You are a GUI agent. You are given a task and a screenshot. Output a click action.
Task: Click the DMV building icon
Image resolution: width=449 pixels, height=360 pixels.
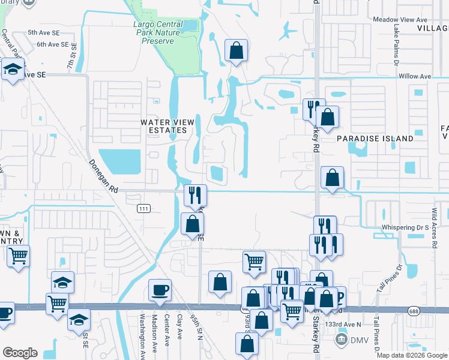[341, 340]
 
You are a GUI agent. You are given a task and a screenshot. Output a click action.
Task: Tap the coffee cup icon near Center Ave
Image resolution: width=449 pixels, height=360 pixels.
[160, 290]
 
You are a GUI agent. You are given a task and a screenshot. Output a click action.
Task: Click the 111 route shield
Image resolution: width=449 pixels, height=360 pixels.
[143, 208]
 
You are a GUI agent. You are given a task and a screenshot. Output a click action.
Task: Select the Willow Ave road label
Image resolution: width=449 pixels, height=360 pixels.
[415, 77]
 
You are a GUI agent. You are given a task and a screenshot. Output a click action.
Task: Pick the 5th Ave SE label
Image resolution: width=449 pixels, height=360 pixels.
[41, 32]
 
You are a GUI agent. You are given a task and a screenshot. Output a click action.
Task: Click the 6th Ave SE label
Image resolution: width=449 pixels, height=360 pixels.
[49, 44]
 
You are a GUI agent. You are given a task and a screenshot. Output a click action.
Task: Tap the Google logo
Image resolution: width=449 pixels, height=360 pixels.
[20, 353]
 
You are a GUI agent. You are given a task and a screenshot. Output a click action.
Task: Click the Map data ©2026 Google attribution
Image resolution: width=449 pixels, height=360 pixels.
[412, 355]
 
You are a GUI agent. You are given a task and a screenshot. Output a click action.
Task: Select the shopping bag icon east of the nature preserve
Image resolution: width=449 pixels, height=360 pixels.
[237, 52]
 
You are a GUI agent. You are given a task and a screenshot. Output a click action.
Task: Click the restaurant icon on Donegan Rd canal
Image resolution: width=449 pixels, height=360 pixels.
[195, 195]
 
